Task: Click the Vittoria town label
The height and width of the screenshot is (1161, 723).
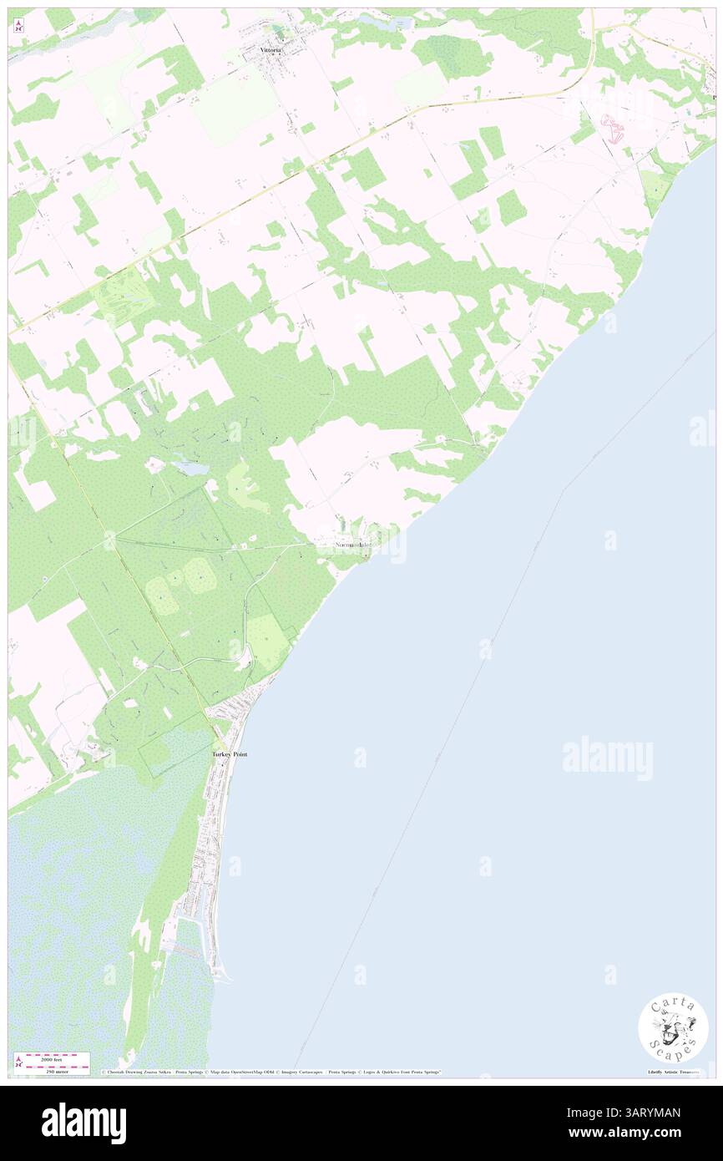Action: point(268,50)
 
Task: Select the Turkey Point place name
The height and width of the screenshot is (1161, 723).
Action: point(229,753)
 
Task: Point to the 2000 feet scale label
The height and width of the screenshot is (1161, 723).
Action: point(53,1059)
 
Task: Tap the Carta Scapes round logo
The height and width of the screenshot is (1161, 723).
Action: point(673,1027)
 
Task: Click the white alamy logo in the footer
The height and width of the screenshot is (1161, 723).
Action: point(84,1123)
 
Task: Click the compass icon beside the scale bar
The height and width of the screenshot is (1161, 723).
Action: point(18,1064)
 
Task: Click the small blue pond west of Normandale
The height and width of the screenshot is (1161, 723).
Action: point(193,469)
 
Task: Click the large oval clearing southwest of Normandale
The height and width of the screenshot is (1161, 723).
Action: point(200,575)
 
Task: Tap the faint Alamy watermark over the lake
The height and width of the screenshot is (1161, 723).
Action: point(607,758)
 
